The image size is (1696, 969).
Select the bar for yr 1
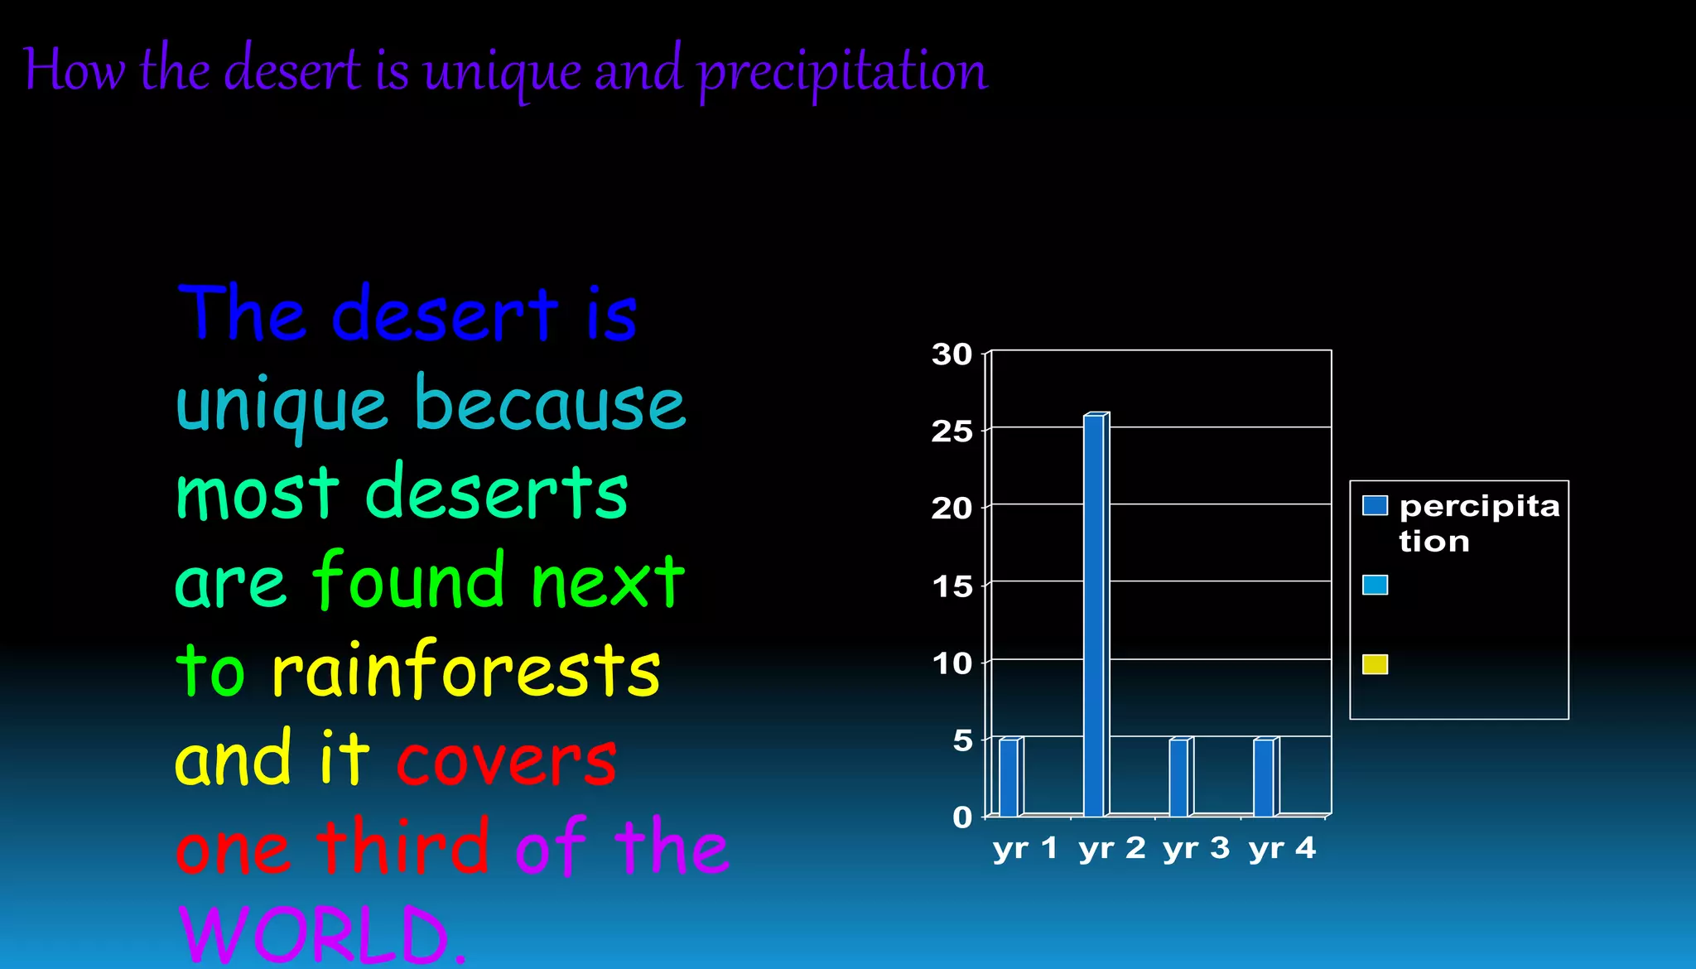click(x=1009, y=777)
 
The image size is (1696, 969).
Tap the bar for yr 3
click(x=1179, y=777)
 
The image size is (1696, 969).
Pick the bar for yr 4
click(x=1265, y=777)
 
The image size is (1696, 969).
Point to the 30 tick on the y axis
click(x=952, y=354)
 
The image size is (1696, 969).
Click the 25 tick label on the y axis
click(x=952, y=431)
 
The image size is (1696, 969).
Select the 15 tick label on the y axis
click(x=952, y=586)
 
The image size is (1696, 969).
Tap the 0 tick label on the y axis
click(x=962, y=817)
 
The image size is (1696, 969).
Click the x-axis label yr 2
click(x=1111, y=848)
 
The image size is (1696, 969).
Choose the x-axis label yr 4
click(x=1282, y=848)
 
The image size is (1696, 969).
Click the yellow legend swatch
click(x=1375, y=664)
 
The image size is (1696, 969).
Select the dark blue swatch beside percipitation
click(x=1375, y=505)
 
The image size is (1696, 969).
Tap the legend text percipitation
click(x=1479, y=523)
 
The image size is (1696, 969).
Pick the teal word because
click(x=550, y=404)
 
